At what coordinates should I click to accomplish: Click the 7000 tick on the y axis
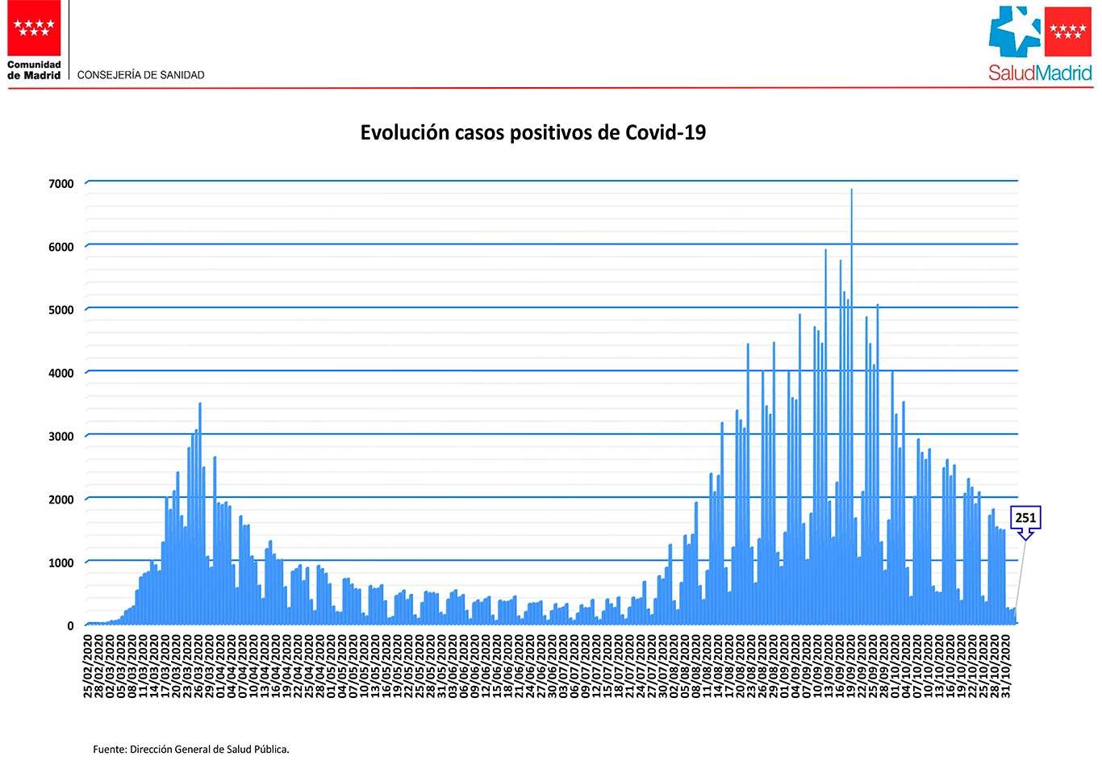(x=61, y=184)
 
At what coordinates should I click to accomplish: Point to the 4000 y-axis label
(x=61, y=374)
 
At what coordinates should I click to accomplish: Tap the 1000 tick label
(x=61, y=563)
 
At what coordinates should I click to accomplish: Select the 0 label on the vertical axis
(x=70, y=626)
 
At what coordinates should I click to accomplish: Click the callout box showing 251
(x=1025, y=518)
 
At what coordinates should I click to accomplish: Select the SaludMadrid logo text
(x=1040, y=73)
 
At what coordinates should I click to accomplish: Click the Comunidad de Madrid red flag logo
(x=34, y=28)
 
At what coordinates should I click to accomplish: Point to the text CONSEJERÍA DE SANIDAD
(x=141, y=75)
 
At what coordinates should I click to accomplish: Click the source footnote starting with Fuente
(x=191, y=750)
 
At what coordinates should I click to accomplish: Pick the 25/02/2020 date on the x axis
(x=88, y=666)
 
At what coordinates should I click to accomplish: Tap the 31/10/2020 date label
(x=1006, y=666)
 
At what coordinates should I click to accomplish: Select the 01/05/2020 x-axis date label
(x=331, y=666)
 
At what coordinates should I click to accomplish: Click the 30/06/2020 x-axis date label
(x=552, y=666)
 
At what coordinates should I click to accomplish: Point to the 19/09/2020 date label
(x=851, y=666)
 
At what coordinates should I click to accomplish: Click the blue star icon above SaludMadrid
(x=1015, y=32)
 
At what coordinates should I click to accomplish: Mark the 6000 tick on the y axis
(x=61, y=248)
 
